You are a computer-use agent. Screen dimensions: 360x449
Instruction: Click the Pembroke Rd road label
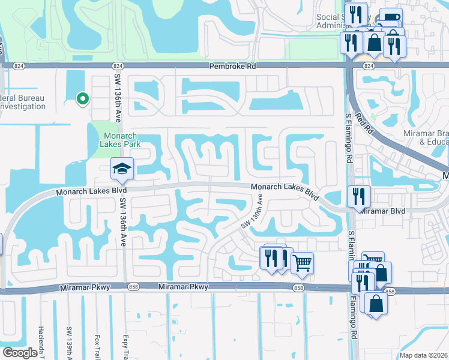232,66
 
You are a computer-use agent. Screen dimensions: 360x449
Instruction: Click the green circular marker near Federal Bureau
83,98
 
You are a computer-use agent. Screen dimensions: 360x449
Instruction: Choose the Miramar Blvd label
383,211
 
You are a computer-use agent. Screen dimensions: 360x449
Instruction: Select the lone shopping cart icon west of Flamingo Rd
302,262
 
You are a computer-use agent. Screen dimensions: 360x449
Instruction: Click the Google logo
20,353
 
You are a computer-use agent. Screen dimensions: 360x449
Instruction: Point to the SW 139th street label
69,344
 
